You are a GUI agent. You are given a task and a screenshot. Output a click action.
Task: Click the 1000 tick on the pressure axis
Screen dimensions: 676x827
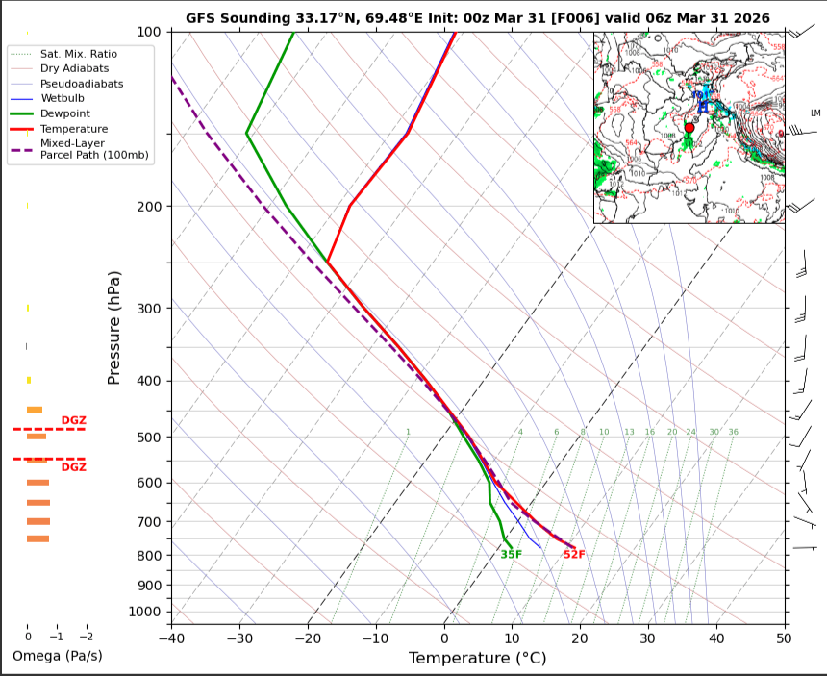click(x=144, y=612)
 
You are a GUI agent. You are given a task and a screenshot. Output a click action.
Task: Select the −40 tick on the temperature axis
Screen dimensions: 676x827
click(x=171, y=637)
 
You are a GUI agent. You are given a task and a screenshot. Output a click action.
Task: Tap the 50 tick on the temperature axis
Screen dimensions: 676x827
click(x=784, y=637)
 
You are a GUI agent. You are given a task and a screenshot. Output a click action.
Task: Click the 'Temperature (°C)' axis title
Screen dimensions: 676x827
click(x=478, y=658)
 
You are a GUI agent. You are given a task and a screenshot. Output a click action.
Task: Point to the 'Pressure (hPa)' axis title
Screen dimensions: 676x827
click(x=114, y=327)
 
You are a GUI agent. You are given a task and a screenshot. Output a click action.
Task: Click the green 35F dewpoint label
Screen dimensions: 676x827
click(x=511, y=555)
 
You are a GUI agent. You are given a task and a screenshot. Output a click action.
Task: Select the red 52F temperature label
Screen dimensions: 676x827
click(x=574, y=555)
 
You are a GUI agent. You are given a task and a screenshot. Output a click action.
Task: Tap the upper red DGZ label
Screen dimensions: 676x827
click(x=73, y=420)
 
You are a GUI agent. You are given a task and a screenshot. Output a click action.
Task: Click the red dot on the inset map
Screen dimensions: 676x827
click(x=689, y=127)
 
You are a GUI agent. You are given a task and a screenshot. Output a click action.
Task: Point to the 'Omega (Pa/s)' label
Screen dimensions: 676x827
click(x=57, y=656)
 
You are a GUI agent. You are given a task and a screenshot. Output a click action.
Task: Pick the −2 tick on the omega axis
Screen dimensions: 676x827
click(x=87, y=637)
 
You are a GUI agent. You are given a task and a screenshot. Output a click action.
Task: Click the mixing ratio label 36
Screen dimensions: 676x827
click(x=733, y=433)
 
